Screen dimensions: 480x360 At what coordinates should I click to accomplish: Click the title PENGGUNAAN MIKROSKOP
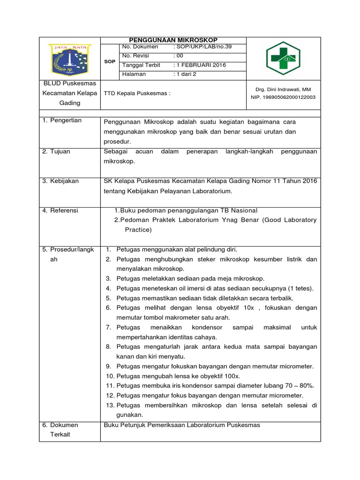point(173,40)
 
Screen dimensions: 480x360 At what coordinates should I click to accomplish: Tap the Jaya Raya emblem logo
point(70,59)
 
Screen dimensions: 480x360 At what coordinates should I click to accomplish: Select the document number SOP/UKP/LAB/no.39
point(202,47)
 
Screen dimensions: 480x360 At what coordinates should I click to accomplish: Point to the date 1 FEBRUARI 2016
point(199,65)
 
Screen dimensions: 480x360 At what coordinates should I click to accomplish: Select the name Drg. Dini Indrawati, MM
point(283,89)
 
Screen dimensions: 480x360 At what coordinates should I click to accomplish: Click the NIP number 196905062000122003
point(283,97)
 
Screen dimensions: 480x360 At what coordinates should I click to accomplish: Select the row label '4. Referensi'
point(60,210)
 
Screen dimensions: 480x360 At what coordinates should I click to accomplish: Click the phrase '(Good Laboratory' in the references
point(289,220)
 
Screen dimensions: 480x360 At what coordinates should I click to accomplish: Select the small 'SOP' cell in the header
point(110,61)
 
